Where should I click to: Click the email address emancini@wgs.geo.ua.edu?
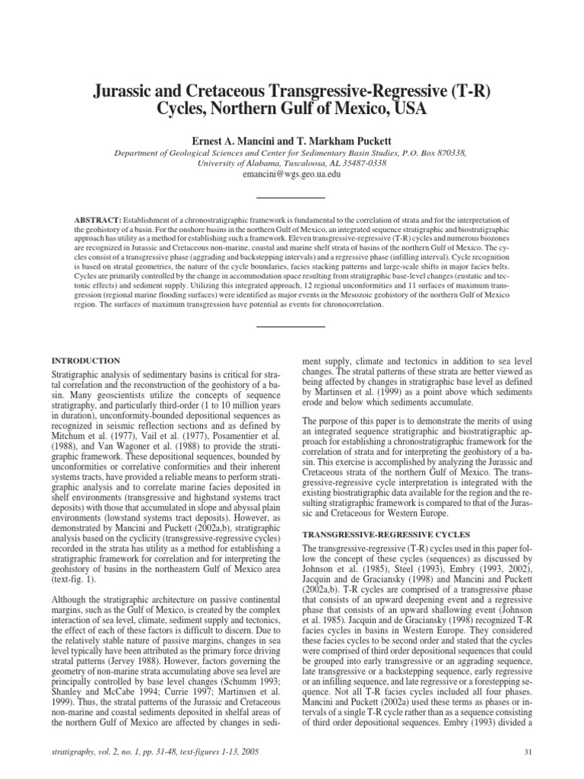tap(291, 173)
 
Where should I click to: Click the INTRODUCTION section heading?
tap(85, 359)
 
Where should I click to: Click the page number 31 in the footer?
tap(528, 752)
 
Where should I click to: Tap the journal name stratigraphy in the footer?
tap(75, 752)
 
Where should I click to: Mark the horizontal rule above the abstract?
tap(291, 198)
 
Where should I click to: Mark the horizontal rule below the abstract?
tap(291, 326)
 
